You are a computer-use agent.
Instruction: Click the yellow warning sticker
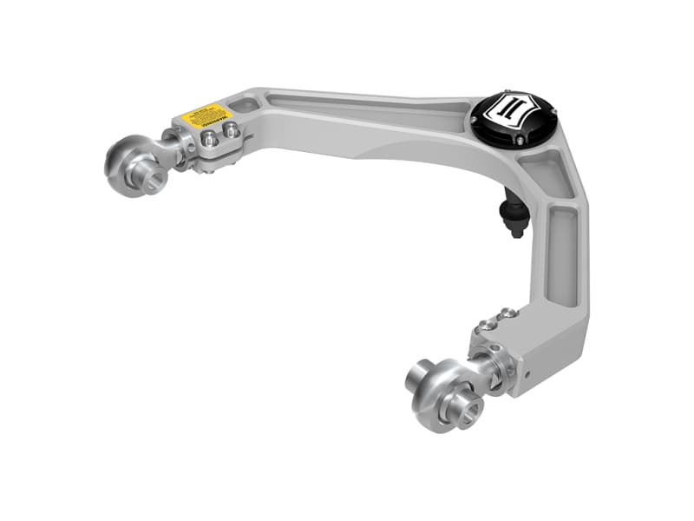(204, 115)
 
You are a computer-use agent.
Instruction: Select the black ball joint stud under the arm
(514, 217)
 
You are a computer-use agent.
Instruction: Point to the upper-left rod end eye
(130, 161)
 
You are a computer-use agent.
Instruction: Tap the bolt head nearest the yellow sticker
(210, 136)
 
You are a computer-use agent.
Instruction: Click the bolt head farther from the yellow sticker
(232, 130)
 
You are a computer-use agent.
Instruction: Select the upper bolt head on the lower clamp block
(508, 313)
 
